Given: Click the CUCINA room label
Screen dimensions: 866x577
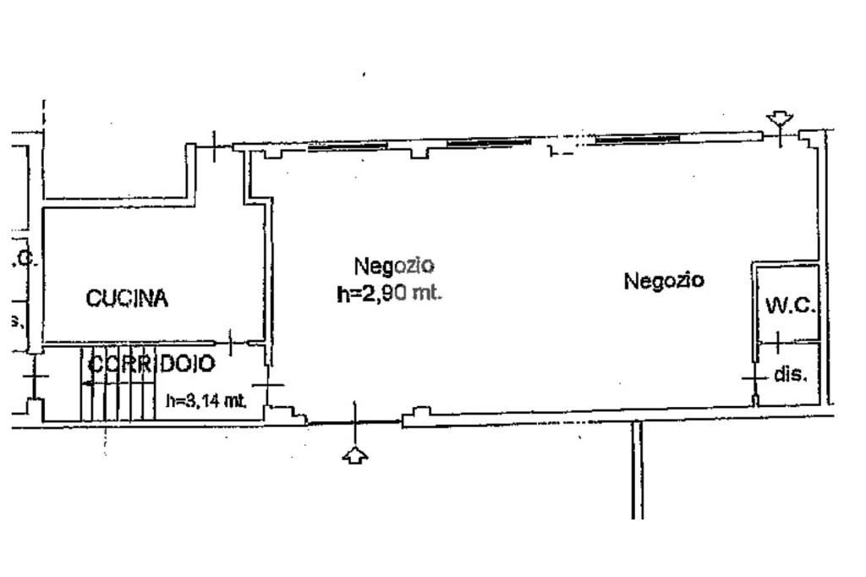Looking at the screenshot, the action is click(x=128, y=298).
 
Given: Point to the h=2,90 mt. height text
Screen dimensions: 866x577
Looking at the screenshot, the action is click(x=390, y=294).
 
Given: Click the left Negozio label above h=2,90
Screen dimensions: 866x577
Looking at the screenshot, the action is click(x=394, y=266).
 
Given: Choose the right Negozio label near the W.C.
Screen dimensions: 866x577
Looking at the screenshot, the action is click(x=664, y=280).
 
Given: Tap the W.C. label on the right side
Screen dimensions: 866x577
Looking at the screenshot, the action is click(x=790, y=306).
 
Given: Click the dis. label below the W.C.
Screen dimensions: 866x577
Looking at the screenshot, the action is click(x=791, y=374).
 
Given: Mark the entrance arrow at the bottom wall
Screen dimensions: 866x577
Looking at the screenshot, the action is click(x=355, y=456).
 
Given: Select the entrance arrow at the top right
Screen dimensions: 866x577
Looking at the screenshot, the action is click(x=779, y=120).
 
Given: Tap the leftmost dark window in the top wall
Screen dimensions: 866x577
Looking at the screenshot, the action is click(x=348, y=146).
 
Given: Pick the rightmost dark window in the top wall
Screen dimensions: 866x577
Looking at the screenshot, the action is click(x=638, y=137).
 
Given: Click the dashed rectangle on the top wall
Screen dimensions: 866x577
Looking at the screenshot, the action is click(x=562, y=150).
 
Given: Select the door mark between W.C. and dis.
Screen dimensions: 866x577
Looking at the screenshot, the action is click(x=777, y=343).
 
